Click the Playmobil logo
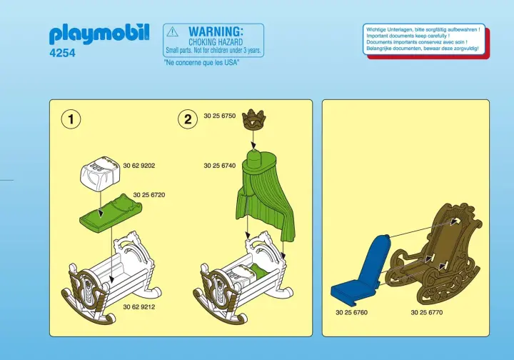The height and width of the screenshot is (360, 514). pos(99,34)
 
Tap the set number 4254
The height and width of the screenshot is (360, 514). pos(62,53)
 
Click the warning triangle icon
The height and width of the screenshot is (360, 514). pos(172,32)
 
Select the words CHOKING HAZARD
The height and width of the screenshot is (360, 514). pos(216,42)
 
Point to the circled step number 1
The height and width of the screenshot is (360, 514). pos(71,119)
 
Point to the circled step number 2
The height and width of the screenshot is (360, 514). pos(188,119)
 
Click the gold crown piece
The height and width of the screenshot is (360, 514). pos(253,119)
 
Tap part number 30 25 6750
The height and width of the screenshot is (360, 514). pos(220,116)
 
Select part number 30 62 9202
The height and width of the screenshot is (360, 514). pos(139,166)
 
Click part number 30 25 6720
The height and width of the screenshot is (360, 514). pos(149,195)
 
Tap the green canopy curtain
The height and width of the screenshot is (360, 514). pos(265,196)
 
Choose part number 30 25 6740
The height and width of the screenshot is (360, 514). pos(220,166)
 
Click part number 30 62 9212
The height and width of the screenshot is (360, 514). pos(139,307)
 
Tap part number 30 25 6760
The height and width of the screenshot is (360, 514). pos(351,312)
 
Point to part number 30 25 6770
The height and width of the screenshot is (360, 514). pos(427,312)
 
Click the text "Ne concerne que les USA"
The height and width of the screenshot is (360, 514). pos(201,62)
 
